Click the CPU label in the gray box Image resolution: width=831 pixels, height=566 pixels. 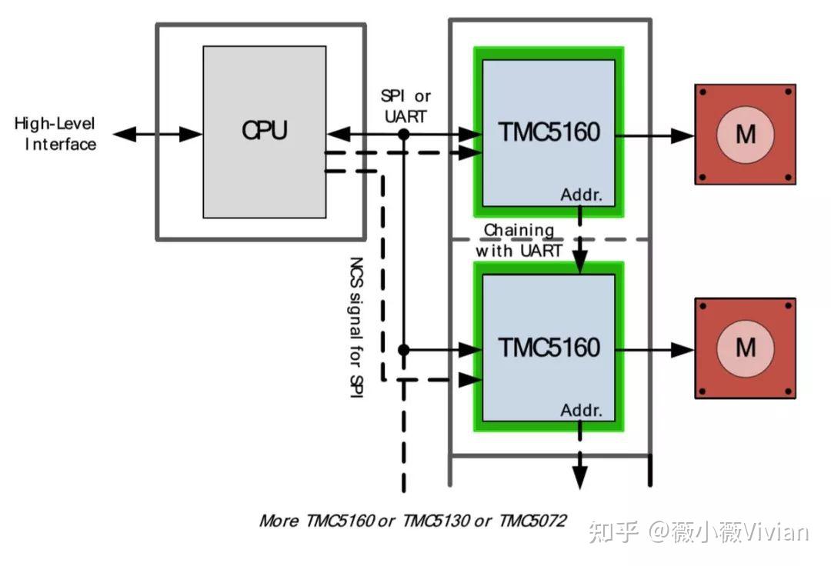click(264, 130)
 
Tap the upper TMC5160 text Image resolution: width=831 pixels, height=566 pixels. click(548, 132)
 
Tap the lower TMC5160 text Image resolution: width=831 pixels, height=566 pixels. click(548, 348)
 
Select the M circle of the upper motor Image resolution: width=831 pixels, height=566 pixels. click(745, 135)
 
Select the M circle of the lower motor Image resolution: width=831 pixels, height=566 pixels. click(745, 348)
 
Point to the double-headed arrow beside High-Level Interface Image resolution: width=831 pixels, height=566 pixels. click(158, 135)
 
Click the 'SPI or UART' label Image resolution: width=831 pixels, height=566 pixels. click(405, 105)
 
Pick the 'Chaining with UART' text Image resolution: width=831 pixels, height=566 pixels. click(518, 240)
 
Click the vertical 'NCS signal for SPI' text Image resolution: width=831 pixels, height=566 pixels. click(356, 328)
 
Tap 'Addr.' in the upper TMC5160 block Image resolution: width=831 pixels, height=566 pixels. click(581, 195)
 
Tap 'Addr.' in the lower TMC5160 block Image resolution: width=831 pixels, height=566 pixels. click(581, 410)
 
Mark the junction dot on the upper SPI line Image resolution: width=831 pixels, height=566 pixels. click(403, 135)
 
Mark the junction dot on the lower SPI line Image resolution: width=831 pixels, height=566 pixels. click(403, 349)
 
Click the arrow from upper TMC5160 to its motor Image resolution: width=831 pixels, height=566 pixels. click(654, 135)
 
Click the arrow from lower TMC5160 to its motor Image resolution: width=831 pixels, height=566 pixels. click(654, 349)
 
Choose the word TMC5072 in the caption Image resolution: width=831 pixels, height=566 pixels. click(532, 521)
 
